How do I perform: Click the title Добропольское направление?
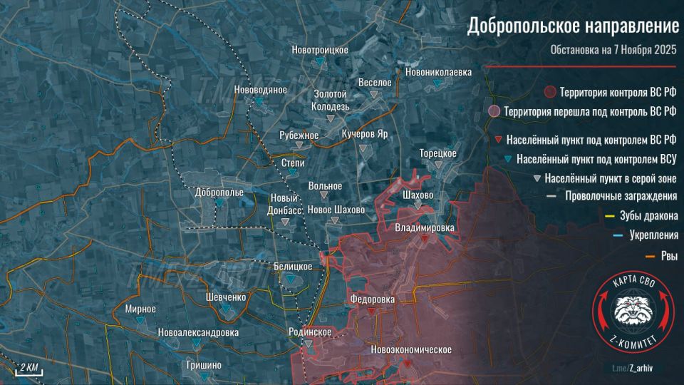(x=573, y=27)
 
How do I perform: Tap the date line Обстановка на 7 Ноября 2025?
(x=614, y=51)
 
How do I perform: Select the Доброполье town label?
(x=219, y=192)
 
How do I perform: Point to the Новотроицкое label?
(x=320, y=49)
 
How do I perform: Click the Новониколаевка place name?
(x=438, y=72)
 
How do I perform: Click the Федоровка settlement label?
(x=372, y=299)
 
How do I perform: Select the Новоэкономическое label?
(x=412, y=350)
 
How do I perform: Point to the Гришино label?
(x=204, y=365)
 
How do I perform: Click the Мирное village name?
(x=140, y=309)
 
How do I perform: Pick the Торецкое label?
(x=437, y=153)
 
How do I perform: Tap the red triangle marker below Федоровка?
(x=371, y=312)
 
